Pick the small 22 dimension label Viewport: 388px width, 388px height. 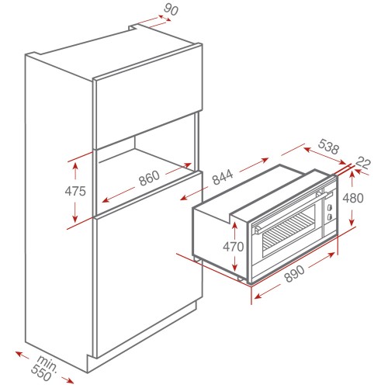362,163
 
